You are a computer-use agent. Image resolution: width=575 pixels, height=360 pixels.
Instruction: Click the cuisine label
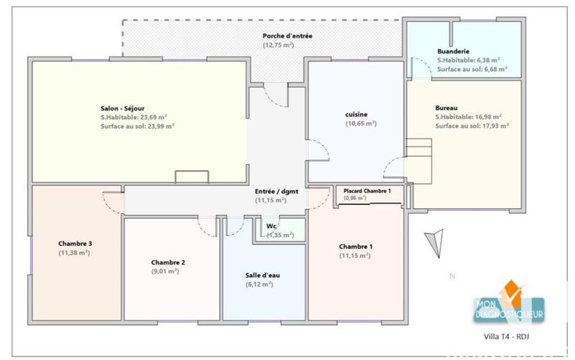(357, 114)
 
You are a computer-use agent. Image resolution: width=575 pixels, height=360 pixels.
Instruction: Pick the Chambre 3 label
(74, 243)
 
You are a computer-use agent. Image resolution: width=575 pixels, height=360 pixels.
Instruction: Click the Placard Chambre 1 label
(367, 190)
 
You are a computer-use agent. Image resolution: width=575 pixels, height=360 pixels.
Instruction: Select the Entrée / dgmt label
(275, 191)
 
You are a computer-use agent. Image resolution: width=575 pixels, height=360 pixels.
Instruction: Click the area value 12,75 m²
(278, 45)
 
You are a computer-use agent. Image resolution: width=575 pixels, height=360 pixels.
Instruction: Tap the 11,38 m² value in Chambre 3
(74, 253)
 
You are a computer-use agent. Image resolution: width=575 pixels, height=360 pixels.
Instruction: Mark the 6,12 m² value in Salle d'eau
(259, 285)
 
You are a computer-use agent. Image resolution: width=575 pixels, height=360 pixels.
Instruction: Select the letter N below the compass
(451, 275)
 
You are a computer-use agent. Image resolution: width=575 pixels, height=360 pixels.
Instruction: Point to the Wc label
(272, 226)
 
